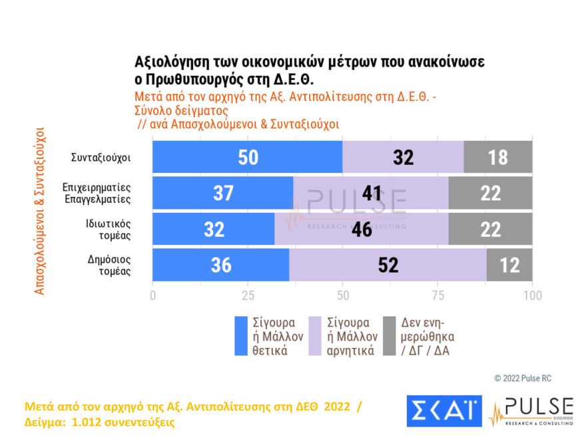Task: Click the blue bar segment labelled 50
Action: click(x=247, y=158)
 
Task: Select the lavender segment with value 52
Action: click(x=388, y=265)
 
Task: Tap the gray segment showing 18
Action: click(x=497, y=158)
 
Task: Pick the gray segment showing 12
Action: click(x=509, y=265)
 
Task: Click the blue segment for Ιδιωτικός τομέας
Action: click(x=213, y=229)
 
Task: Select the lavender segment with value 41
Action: click(x=370, y=193)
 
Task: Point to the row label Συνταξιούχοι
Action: click(x=101, y=158)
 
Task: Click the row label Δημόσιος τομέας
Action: click(x=109, y=265)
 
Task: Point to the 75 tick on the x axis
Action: click(x=438, y=295)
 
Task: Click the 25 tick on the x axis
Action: click(x=248, y=295)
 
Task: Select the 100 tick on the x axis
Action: click(x=532, y=295)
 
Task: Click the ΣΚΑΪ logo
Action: click(x=443, y=410)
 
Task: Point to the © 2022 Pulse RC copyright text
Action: click(x=523, y=378)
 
